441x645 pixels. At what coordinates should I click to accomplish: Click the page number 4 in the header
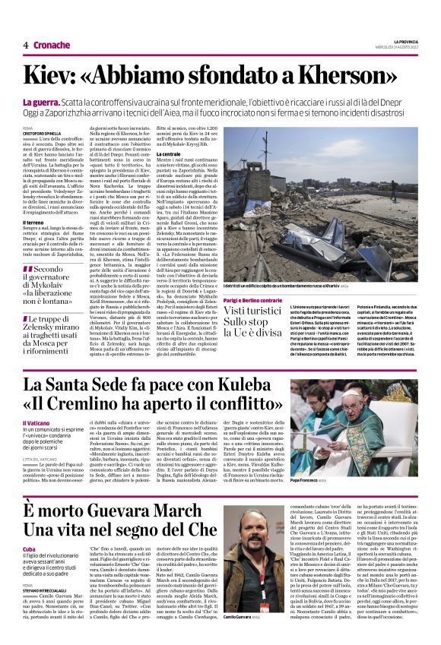coord(26,46)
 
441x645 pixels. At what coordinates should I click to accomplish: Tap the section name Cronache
coord(51,46)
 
